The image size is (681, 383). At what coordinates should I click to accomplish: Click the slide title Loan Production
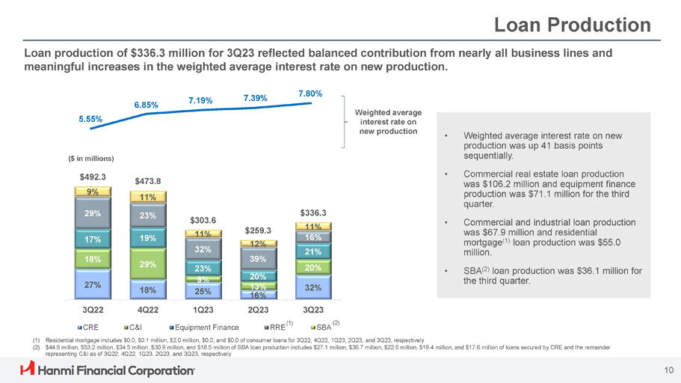[x=573, y=25]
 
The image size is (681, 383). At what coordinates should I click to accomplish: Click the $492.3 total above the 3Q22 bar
[x=93, y=177]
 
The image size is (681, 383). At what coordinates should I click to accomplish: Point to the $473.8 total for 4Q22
[x=148, y=180]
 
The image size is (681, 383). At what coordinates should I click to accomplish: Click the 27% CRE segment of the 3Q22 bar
[x=93, y=285]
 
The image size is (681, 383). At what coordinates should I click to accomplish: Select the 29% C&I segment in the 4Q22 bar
[x=148, y=264]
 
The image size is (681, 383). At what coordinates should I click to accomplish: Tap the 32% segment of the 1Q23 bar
[x=203, y=249]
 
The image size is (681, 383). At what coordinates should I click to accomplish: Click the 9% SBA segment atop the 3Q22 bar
[x=93, y=191]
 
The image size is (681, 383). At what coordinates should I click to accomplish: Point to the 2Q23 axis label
[x=258, y=310]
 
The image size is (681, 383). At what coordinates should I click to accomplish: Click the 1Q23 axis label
[x=203, y=310]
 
